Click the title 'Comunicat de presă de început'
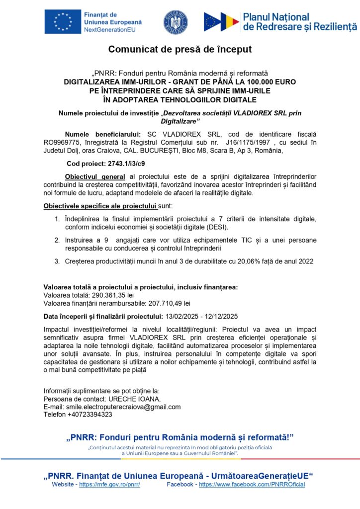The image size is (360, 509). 180,50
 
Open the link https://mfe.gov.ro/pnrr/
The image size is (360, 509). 109,485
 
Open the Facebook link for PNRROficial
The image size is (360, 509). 252,485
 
